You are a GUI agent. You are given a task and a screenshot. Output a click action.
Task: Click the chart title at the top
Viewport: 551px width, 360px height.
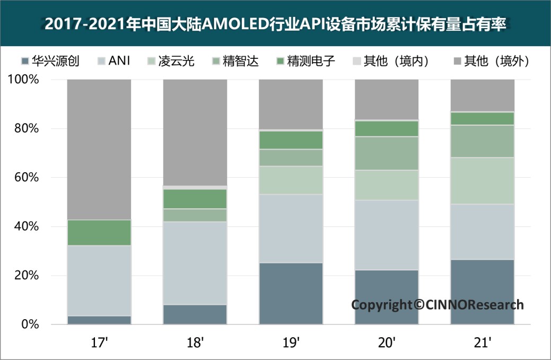[x=275, y=24]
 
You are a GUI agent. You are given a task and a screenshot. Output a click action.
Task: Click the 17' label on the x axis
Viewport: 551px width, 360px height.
[x=99, y=343]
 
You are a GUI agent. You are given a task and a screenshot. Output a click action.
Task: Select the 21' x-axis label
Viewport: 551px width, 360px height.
[x=482, y=343]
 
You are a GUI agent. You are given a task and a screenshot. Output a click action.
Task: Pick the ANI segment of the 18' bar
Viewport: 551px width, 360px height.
[x=195, y=263]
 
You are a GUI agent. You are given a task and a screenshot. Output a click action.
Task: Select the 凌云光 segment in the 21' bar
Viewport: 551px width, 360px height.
[x=482, y=181]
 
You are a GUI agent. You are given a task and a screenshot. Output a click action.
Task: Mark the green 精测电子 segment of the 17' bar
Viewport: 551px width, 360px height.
[x=99, y=232]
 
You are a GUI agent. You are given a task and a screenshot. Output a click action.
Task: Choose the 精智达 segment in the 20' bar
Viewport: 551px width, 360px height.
[x=387, y=153]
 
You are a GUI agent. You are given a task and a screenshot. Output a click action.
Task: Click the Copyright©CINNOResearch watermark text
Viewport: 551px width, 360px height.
[x=438, y=305]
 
